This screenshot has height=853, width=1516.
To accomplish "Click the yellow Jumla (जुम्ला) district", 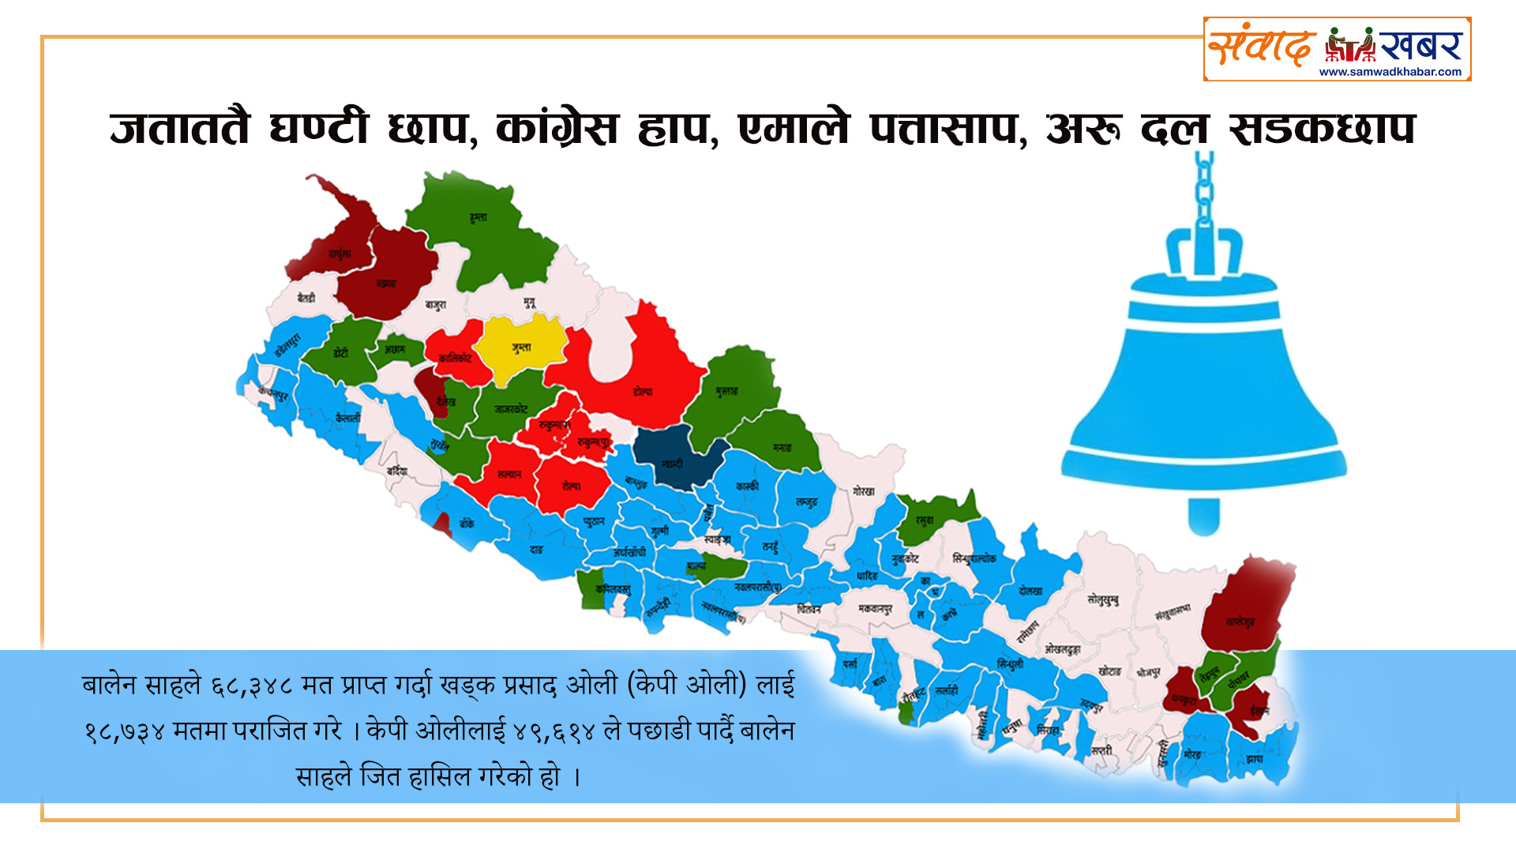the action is pyautogui.click(x=520, y=348).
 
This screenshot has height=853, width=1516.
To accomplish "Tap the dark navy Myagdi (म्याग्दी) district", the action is pyautogui.click(x=673, y=463).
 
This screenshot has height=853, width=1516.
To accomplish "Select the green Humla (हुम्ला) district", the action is pyautogui.click(x=478, y=217).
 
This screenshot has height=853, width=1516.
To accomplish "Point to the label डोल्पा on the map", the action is pyautogui.click(x=643, y=391).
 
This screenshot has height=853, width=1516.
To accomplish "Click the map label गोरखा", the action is pyautogui.click(x=864, y=491).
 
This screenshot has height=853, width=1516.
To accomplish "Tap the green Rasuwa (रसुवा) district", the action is pyautogui.click(x=925, y=520).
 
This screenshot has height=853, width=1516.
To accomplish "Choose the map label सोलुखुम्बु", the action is pyautogui.click(x=1102, y=599).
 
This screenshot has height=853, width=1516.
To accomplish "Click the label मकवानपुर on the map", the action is pyautogui.click(x=876, y=609).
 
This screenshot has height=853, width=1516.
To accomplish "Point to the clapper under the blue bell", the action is pyautogui.click(x=1203, y=517).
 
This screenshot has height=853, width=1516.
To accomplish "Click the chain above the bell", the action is pyautogui.click(x=1203, y=190).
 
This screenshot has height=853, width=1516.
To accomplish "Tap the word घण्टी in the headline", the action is pyautogui.click(x=318, y=128).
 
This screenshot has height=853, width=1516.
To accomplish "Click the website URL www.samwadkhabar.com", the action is pyautogui.click(x=1390, y=72).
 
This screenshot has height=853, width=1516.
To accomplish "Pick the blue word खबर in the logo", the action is pyautogui.click(x=1421, y=46).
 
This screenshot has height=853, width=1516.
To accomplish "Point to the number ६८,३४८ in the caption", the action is pyautogui.click(x=251, y=686).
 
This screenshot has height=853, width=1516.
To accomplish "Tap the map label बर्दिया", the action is pyautogui.click(x=396, y=472).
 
